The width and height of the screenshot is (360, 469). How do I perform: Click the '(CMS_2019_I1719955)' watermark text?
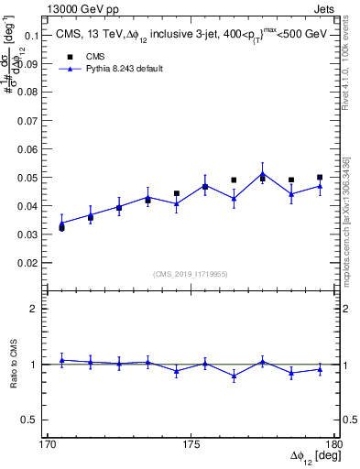pos(190,273)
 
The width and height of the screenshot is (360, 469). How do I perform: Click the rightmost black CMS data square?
pos(320,178)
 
